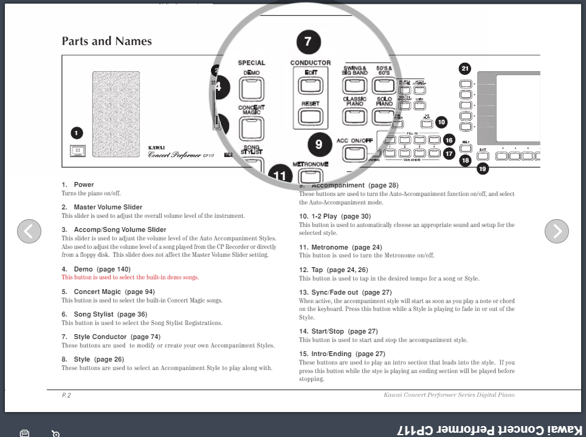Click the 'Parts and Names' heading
tap(106, 41)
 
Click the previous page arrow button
tap(29, 231)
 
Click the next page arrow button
tap(556, 231)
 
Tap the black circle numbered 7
tap(308, 41)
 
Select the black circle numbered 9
tap(319, 144)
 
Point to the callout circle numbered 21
tap(465, 69)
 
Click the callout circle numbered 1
tap(77, 133)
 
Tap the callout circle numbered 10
tap(441, 122)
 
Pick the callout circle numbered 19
tap(483, 169)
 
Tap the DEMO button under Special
tap(251, 89)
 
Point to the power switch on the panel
tap(77, 152)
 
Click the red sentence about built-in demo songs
tap(130, 278)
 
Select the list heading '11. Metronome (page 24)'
tap(340, 247)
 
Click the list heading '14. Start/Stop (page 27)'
tap(338, 331)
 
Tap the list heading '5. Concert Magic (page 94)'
tap(108, 292)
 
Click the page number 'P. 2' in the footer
tap(66, 395)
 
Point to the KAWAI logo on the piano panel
tap(157, 147)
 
